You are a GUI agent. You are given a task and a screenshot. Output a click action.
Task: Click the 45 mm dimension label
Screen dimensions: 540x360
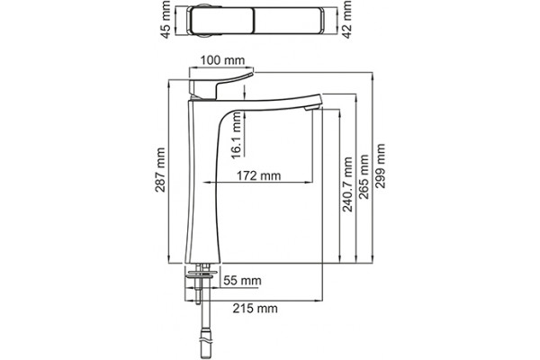pos(166,20)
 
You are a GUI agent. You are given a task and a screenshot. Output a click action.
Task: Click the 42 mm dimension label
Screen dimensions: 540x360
pos(347,20)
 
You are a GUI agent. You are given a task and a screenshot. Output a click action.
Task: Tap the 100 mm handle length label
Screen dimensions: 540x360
pos(222,60)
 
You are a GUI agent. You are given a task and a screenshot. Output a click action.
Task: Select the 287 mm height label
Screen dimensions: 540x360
pos(160,170)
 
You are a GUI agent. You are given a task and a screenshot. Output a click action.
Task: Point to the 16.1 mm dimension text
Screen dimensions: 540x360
pos(237,136)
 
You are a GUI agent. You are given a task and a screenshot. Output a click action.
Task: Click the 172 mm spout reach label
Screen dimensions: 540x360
pos(258,175)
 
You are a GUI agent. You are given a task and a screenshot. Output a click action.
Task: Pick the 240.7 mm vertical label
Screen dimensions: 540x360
pos(347,184)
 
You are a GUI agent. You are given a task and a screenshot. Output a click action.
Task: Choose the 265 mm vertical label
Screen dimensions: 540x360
pos(364,176)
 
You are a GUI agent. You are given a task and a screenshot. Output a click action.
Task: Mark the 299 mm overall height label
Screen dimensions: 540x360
pos(380,166)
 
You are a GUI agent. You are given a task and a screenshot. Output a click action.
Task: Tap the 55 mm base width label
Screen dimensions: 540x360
pos(242,281)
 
